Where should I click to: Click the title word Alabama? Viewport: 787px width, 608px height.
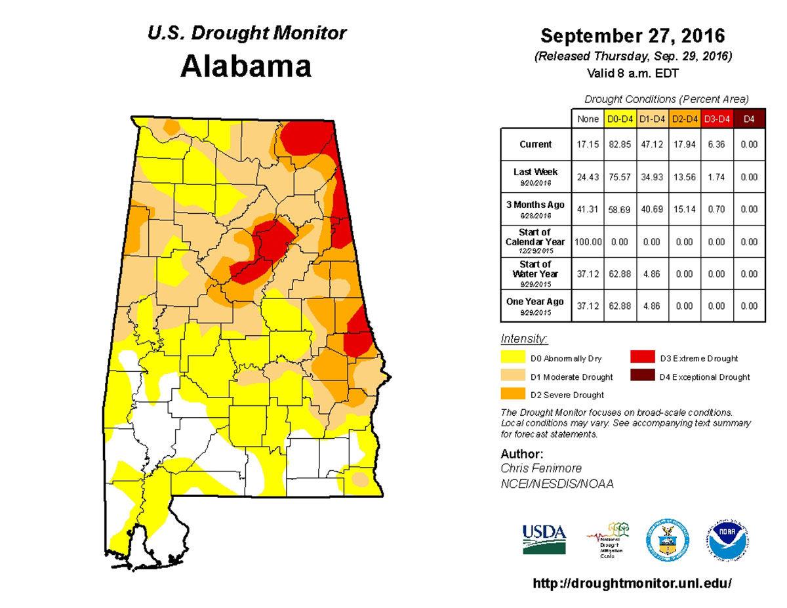click(245, 67)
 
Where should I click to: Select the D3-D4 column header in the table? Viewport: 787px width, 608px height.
click(716, 119)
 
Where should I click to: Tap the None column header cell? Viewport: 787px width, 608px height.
click(588, 119)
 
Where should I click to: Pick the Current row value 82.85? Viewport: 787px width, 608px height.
click(620, 144)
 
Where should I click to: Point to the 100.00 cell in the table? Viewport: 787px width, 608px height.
click(588, 242)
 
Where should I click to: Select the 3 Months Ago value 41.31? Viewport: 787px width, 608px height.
click(588, 209)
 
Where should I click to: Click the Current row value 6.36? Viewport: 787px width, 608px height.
click(716, 144)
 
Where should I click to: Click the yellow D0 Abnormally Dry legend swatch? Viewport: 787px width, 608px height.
click(513, 358)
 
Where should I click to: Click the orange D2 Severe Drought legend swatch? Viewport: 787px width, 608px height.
click(513, 394)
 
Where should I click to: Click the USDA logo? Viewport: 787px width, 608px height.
click(544, 539)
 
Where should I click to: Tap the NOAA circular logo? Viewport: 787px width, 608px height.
click(728, 540)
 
